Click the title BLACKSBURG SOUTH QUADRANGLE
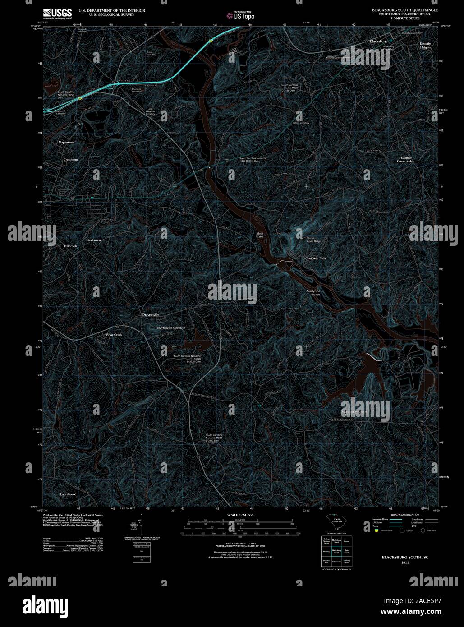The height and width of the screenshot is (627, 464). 404,9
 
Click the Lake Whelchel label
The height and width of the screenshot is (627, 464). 54,83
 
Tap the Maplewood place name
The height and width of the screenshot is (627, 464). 66,142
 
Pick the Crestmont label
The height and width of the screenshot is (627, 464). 70,160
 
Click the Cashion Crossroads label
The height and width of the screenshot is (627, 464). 404,159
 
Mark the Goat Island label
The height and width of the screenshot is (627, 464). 260,235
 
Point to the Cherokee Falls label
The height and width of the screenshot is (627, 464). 315,258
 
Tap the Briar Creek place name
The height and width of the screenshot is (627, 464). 114,335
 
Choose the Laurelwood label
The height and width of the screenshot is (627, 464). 68,494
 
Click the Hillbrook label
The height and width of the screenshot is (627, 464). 71,246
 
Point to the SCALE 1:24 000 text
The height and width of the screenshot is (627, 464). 240,515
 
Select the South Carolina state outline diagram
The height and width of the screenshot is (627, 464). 336,523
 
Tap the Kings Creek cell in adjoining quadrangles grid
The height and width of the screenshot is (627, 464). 346,551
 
